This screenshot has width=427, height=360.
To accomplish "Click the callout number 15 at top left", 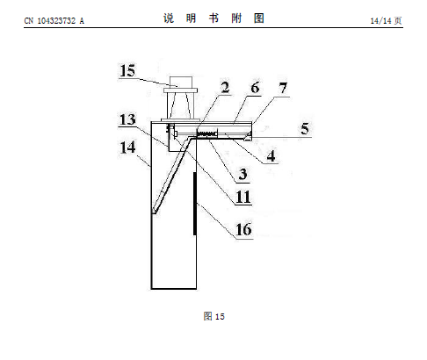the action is pyautogui.click(x=127, y=70).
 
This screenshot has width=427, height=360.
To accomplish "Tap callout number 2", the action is pyautogui.click(x=225, y=88).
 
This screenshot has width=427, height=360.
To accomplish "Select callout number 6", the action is pyautogui.click(x=255, y=88).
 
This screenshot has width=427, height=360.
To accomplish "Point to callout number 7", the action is pyautogui.click(x=283, y=88).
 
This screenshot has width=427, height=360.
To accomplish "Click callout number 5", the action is pyautogui.click(x=305, y=129).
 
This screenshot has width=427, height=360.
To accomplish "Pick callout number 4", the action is pyautogui.click(x=271, y=155).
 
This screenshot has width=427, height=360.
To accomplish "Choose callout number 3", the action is pyautogui.click(x=242, y=174).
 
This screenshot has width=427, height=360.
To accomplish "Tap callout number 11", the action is pyautogui.click(x=243, y=197).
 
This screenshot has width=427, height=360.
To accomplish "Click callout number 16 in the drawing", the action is pyautogui.click(x=243, y=229).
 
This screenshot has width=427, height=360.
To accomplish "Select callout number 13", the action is pyautogui.click(x=127, y=119).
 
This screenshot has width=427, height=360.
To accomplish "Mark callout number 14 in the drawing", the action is pyautogui.click(x=127, y=147).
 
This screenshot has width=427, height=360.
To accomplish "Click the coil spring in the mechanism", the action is pyautogui.click(x=206, y=134).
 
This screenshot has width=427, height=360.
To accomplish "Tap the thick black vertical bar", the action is pyautogui.click(x=194, y=204).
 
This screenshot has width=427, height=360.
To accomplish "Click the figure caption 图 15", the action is pyautogui.click(x=214, y=316).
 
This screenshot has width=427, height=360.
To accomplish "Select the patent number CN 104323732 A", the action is pyautogui.click(x=54, y=20).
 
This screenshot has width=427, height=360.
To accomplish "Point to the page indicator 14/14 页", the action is pyautogui.click(x=386, y=20).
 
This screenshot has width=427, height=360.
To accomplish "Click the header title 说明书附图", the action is pyautogui.click(x=213, y=18).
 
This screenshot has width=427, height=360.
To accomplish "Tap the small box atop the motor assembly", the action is pyautogui.click(x=181, y=83).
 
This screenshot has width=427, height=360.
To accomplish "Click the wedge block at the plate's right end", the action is pyautogui.click(x=249, y=136).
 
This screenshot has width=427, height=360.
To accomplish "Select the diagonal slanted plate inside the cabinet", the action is pyautogui.click(x=171, y=175).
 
